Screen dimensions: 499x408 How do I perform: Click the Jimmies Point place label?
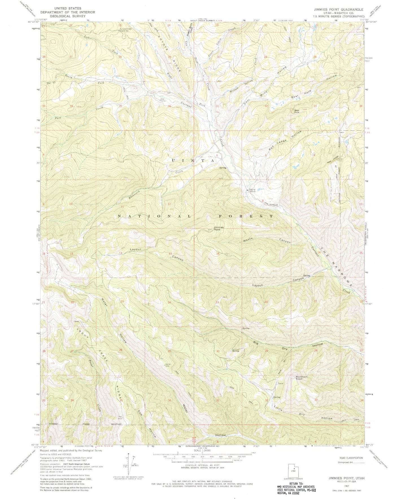tap(219, 228)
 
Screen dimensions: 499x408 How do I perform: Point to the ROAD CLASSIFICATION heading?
tap(350, 458)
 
